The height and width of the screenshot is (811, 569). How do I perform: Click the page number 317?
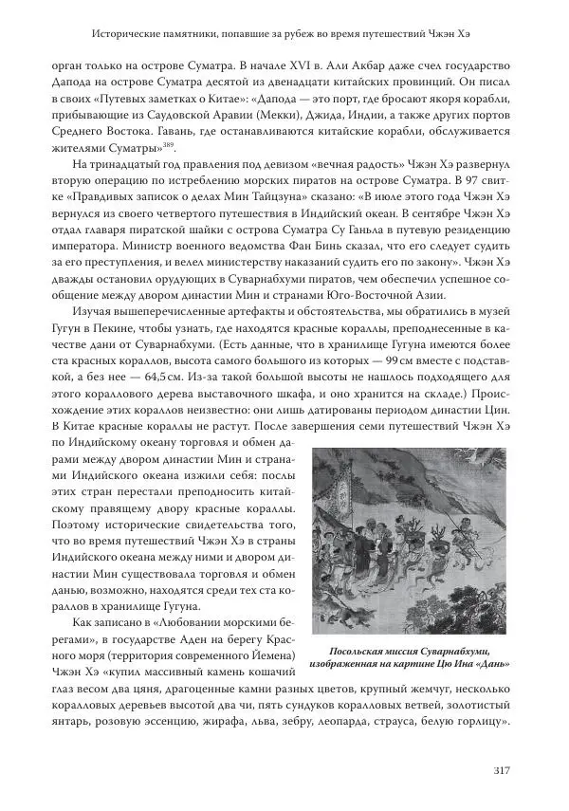503,769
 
